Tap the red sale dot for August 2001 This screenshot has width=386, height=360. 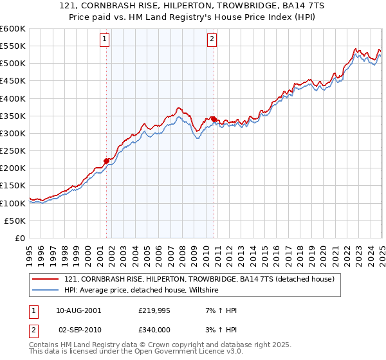pyautogui.click(x=107, y=161)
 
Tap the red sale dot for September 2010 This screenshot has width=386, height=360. pyautogui.click(x=214, y=120)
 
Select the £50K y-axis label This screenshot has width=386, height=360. pyautogui.click(x=15, y=221)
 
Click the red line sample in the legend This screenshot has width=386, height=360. pyautogui.click(x=45, y=280)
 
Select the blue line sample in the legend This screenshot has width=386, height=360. pyautogui.click(x=45, y=291)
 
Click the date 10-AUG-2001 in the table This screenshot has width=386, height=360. pyautogui.click(x=78, y=310)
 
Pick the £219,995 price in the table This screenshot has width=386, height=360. pyautogui.click(x=154, y=310)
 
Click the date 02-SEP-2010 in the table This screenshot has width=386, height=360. pyautogui.click(x=78, y=328)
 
